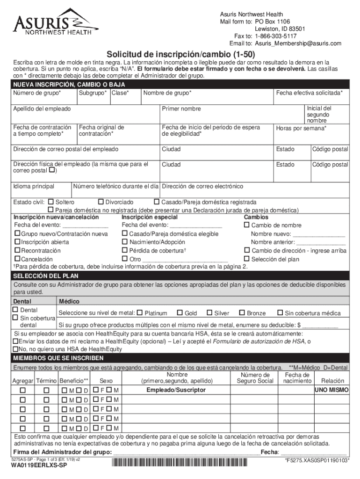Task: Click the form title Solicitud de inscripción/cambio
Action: (x=180, y=54)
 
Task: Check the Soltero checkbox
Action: (x=51, y=202)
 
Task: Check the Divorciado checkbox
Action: (x=101, y=202)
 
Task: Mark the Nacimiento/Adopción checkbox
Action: (x=125, y=242)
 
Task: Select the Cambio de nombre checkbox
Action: (x=247, y=225)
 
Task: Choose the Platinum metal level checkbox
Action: (x=140, y=313)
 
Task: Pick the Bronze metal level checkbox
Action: (x=242, y=313)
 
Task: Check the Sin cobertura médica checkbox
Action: (x=280, y=313)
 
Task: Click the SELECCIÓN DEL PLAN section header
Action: (x=39, y=276)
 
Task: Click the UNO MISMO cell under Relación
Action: (x=331, y=390)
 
